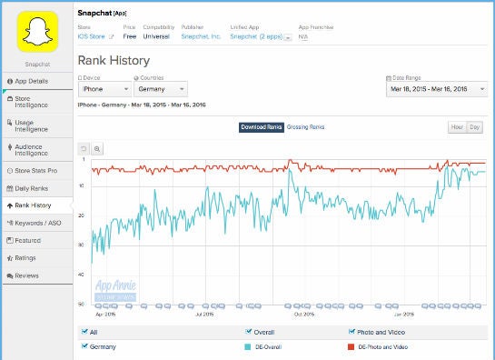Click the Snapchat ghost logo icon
pos(36,34)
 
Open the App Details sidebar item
pos(36,81)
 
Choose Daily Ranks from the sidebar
pos(36,188)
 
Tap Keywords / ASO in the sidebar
pos(36,223)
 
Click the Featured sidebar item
pos(36,240)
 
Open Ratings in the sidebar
pos(36,257)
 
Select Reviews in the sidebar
pos(36,275)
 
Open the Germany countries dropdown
pos(160,89)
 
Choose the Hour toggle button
pos(456,127)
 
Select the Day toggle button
pos(474,127)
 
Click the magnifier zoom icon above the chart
pos(97,148)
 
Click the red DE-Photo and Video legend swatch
pos(351,346)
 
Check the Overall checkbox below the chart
pos(250,332)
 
